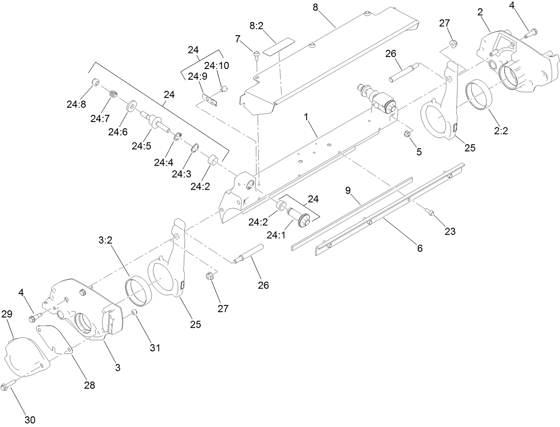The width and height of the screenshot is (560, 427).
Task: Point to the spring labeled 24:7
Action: pyautogui.click(x=114, y=94)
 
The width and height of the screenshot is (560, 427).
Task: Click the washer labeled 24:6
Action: pyautogui.click(x=132, y=106)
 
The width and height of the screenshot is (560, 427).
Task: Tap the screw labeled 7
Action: pyautogui.click(x=256, y=55)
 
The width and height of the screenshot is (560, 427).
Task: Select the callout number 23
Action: pyautogui.click(x=450, y=231)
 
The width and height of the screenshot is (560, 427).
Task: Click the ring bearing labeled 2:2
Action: pyautogui.click(x=479, y=94)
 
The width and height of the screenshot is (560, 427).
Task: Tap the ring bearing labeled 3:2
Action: pyautogui.click(x=138, y=289)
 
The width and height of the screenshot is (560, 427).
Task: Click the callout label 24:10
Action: pyautogui.click(x=218, y=65)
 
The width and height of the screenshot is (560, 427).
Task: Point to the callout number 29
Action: pyautogui.click(x=7, y=313)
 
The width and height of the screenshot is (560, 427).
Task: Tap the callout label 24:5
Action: pyautogui.click(x=142, y=145)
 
